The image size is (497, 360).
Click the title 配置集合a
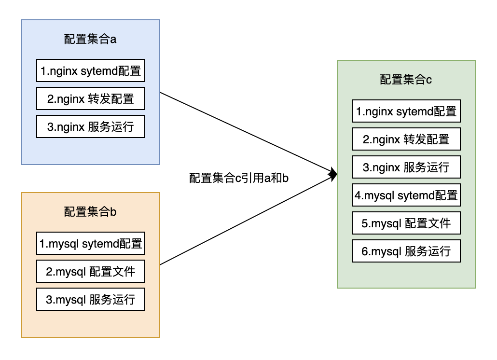[90, 39]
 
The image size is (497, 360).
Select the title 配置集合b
[90, 212]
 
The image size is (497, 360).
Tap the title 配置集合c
[406, 80]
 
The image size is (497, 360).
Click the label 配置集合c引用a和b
[239, 178]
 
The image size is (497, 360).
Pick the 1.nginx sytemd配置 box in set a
[91, 70]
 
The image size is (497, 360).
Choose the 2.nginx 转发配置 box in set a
[91, 98]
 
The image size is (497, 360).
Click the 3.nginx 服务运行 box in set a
[91, 126]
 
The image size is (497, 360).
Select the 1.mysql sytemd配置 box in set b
[91, 243]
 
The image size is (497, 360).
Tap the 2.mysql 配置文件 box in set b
[91, 271]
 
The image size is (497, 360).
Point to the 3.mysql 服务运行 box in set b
[91, 299]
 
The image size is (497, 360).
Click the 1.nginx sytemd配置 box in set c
[406, 111]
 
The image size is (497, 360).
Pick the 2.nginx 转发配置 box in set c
[406, 139]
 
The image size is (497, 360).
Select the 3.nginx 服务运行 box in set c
[406, 167]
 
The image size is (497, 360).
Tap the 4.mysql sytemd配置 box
[406, 195]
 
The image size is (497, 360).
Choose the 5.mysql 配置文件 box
[406, 223]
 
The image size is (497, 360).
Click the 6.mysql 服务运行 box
[406, 251]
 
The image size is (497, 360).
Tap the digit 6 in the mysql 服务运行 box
[364, 251]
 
